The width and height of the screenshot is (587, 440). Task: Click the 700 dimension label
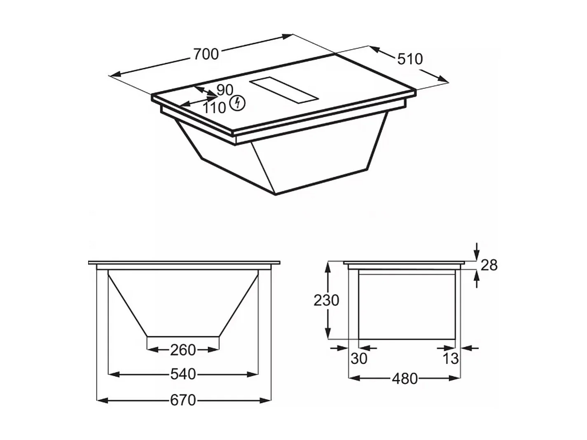(x=206, y=54)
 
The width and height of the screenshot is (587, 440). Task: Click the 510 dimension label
(x=410, y=59)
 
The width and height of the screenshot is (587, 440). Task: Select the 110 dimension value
(x=214, y=108)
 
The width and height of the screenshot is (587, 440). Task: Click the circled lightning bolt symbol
(x=237, y=103)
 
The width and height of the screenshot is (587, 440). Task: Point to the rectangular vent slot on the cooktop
(x=284, y=89)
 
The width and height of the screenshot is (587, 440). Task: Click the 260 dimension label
(x=183, y=350)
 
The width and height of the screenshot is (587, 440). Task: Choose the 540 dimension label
(x=183, y=374)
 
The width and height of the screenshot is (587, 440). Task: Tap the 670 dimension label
(x=183, y=400)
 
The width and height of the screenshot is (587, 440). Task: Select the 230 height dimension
(x=326, y=300)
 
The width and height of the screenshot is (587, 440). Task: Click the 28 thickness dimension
(x=489, y=265)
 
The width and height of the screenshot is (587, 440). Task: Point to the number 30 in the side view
(x=359, y=358)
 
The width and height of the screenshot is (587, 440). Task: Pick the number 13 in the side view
(x=450, y=358)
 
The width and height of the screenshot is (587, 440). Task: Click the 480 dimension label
(x=405, y=378)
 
